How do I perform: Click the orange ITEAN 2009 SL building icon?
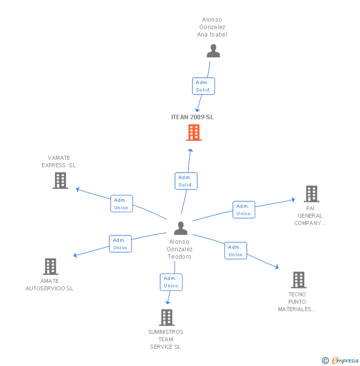click(x=194, y=133)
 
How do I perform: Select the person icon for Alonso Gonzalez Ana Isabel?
click(x=213, y=51)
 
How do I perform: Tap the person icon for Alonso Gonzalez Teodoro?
click(x=181, y=228)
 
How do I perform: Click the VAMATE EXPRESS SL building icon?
click(x=60, y=181)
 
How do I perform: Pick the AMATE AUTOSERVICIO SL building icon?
click(x=50, y=267)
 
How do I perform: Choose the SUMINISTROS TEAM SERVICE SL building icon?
click(x=167, y=318)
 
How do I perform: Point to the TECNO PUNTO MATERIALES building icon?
click(x=298, y=280)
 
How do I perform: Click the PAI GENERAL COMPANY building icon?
click(x=312, y=194)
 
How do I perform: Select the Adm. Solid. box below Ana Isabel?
click(x=203, y=86)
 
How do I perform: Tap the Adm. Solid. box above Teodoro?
click(x=186, y=181)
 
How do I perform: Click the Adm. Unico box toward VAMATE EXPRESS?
click(x=121, y=204)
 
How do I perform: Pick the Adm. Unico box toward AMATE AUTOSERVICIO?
click(x=120, y=244)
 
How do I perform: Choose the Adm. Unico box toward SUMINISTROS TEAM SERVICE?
click(x=171, y=282)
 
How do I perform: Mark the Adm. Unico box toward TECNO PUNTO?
click(x=235, y=251)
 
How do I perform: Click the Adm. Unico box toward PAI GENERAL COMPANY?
click(x=243, y=210)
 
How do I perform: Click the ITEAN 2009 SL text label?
click(x=192, y=117)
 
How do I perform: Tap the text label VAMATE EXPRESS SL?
click(x=59, y=162)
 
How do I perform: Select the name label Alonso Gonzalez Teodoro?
click(x=180, y=249)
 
